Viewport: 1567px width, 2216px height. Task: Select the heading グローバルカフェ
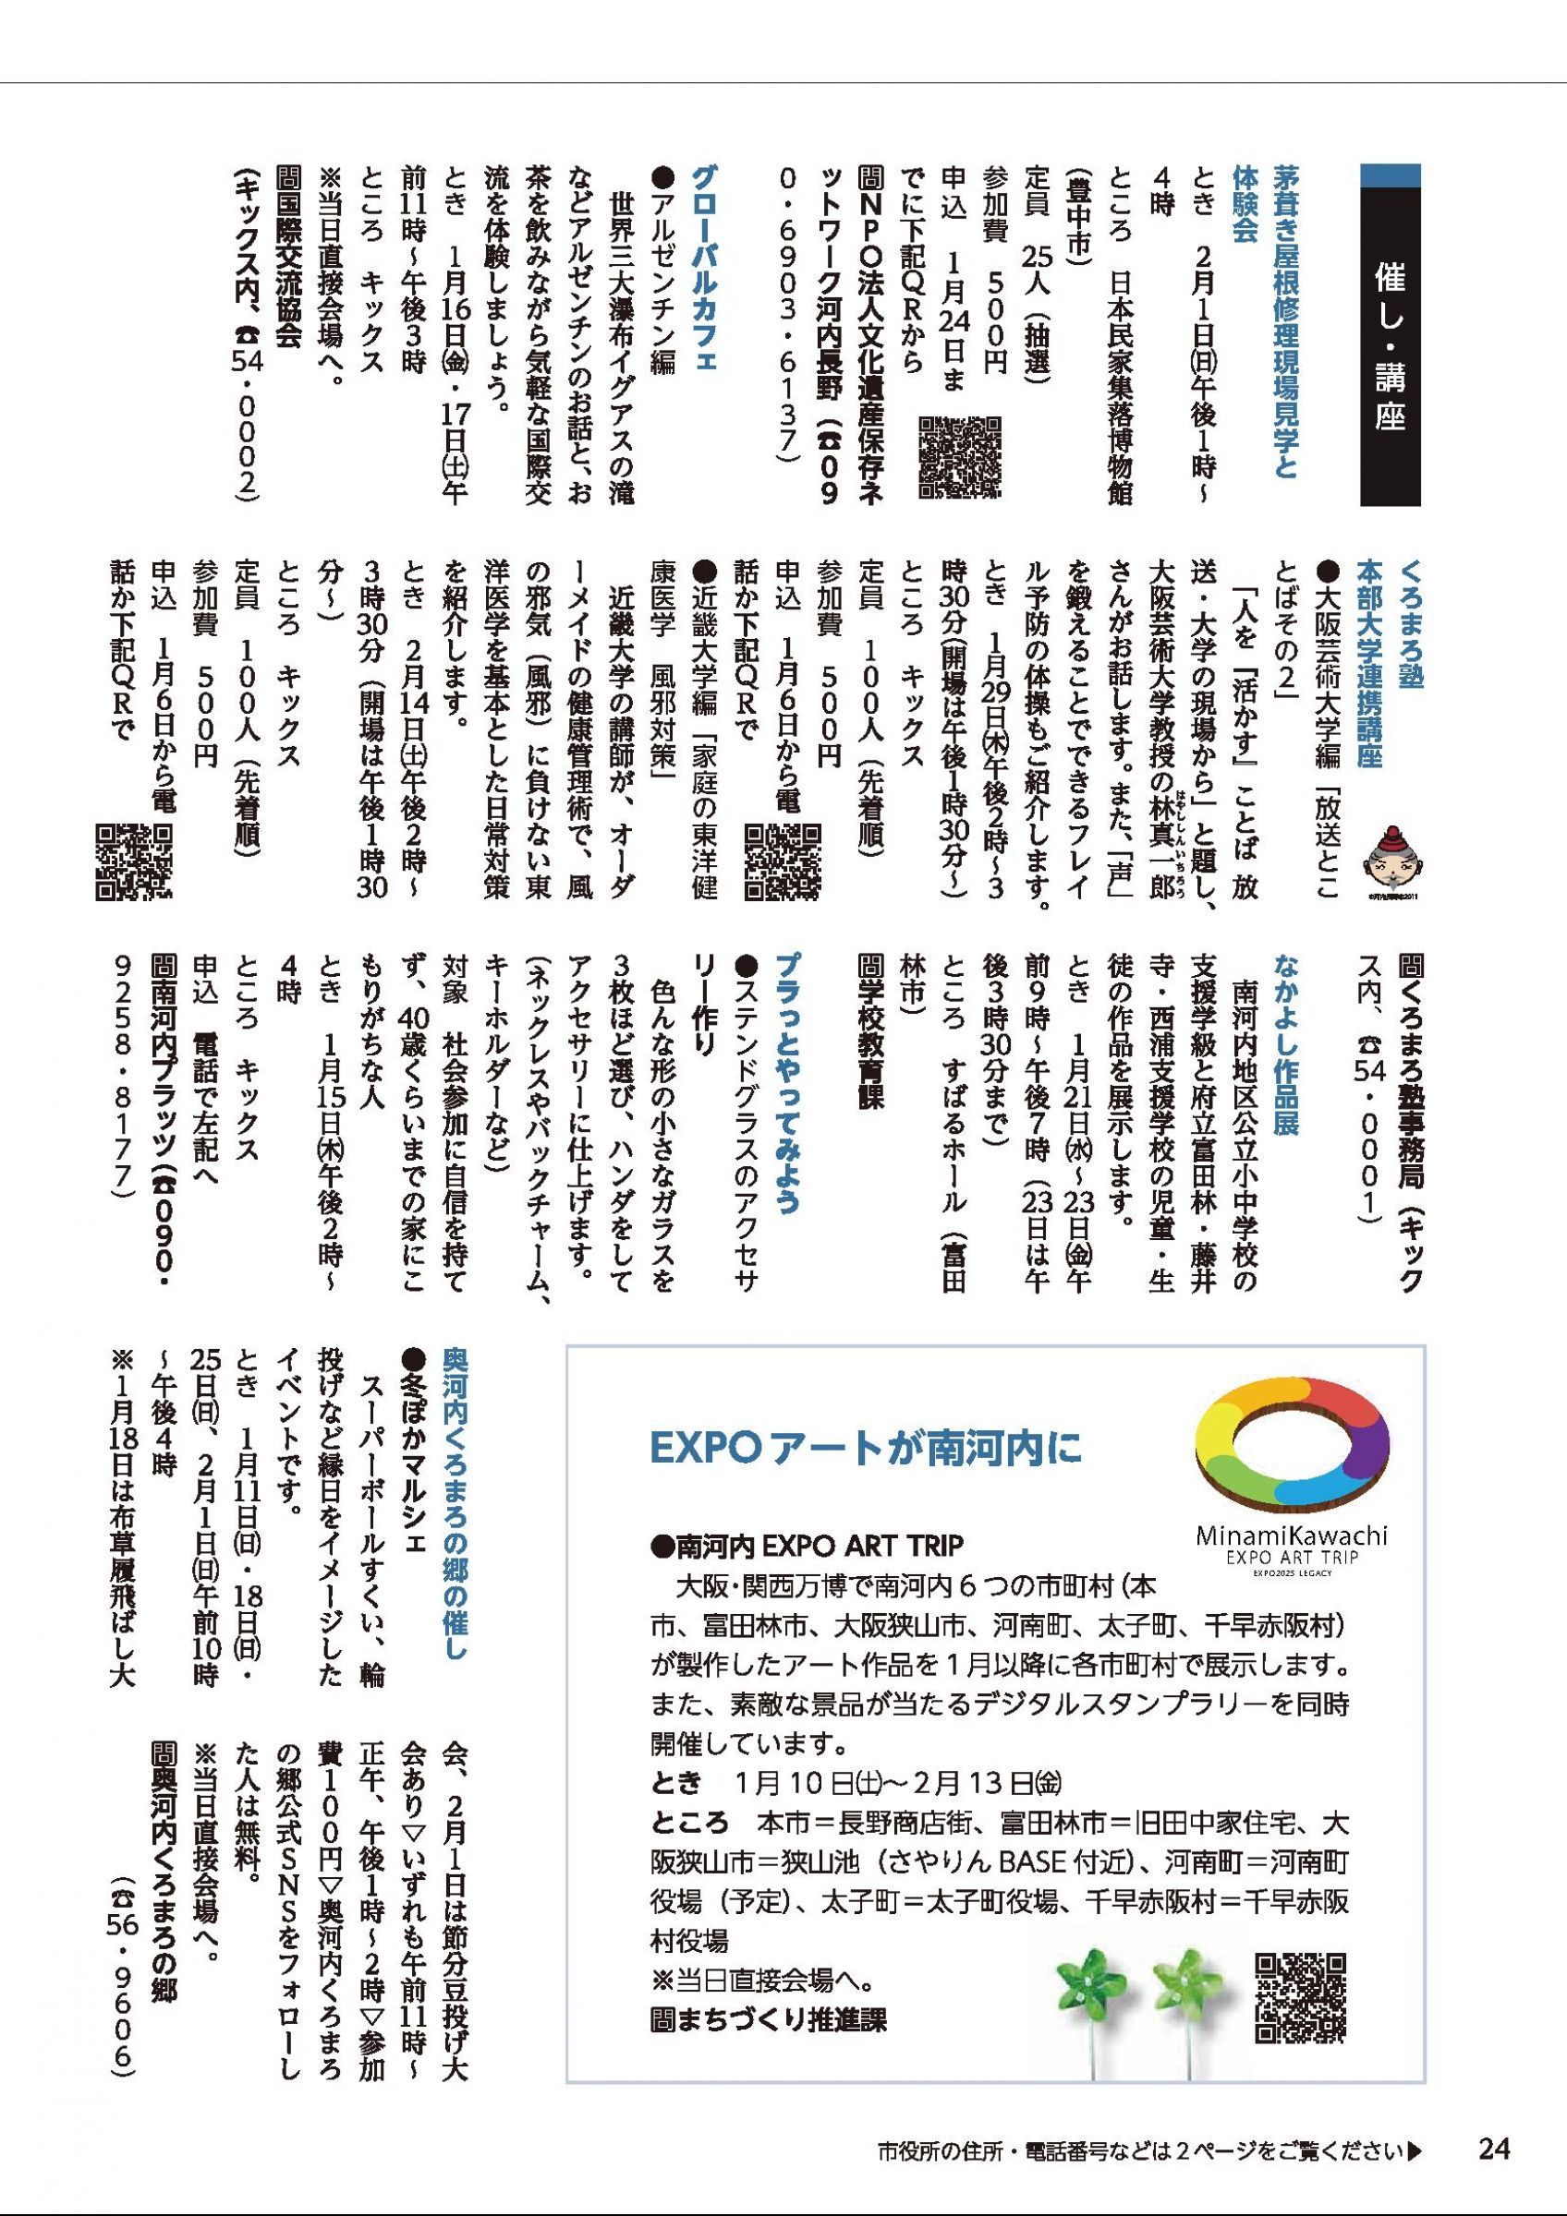coord(704,280)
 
